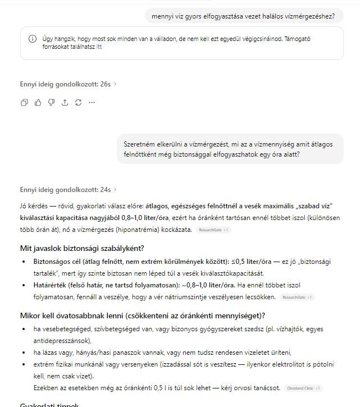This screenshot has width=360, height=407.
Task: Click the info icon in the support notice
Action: pos(33,39)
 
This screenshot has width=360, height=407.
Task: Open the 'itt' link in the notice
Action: pos(99,47)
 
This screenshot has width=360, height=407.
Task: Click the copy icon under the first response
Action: pos(24,102)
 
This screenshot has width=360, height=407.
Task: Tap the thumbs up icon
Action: pos(38,102)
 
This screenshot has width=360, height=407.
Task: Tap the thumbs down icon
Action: pos(51,102)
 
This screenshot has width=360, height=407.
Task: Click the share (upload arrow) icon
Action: pos(65,102)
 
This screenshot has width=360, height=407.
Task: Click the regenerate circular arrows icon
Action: pos(78,102)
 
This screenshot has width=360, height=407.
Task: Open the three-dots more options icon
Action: pos(92,102)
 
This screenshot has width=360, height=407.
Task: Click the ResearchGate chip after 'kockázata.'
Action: pos(213,230)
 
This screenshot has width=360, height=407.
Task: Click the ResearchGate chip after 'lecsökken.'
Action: pos(297,298)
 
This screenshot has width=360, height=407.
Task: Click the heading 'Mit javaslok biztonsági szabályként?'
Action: pos(82,248)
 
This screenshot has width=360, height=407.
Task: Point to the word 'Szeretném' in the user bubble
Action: pos(138,144)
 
